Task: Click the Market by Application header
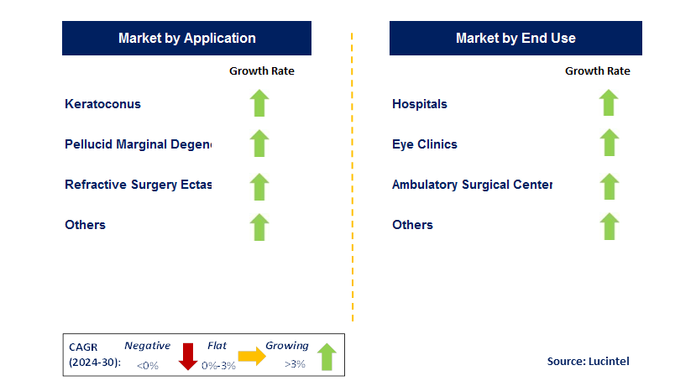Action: click(x=186, y=38)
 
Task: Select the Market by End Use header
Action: click(x=515, y=38)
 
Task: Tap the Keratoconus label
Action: click(x=102, y=104)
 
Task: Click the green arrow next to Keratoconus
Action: click(x=259, y=103)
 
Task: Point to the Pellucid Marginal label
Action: click(x=138, y=144)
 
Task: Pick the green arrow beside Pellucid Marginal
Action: click(x=259, y=144)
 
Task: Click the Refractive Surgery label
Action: click(x=138, y=185)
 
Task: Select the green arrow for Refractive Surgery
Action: click(x=259, y=185)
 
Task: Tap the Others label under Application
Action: click(x=85, y=225)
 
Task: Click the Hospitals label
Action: click(x=419, y=104)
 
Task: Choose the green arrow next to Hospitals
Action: click(x=609, y=103)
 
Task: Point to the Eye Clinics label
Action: click(x=424, y=144)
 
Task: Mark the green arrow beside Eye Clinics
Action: click(x=609, y=144)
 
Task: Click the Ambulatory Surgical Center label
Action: click(x=471, y=185)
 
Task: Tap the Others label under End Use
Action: click(x=412, y=225)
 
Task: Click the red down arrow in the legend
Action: click(x=188, y=357)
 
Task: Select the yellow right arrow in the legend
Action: click(x=252, y=357)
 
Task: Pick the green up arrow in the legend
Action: click(x=327, y=357)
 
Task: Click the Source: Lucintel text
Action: click(x=587, y=361)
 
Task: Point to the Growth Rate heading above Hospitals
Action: click(x=597, y=71)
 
